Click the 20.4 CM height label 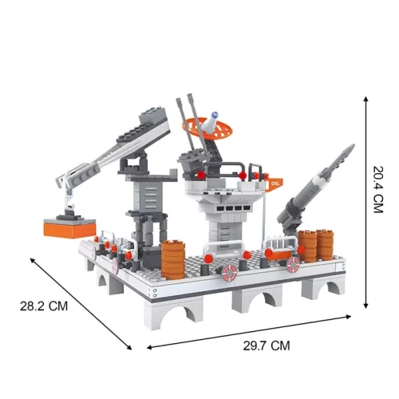[x=378, y=189]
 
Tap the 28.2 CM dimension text [x=44, y=306]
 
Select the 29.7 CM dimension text [x=267, y=346]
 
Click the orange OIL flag [x=275, y=184]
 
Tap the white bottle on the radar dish [x=211, y=121]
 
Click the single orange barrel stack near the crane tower [x=173, y=259]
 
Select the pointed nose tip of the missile [x=353, y=145]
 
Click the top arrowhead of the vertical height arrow [x=366, y=98]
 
